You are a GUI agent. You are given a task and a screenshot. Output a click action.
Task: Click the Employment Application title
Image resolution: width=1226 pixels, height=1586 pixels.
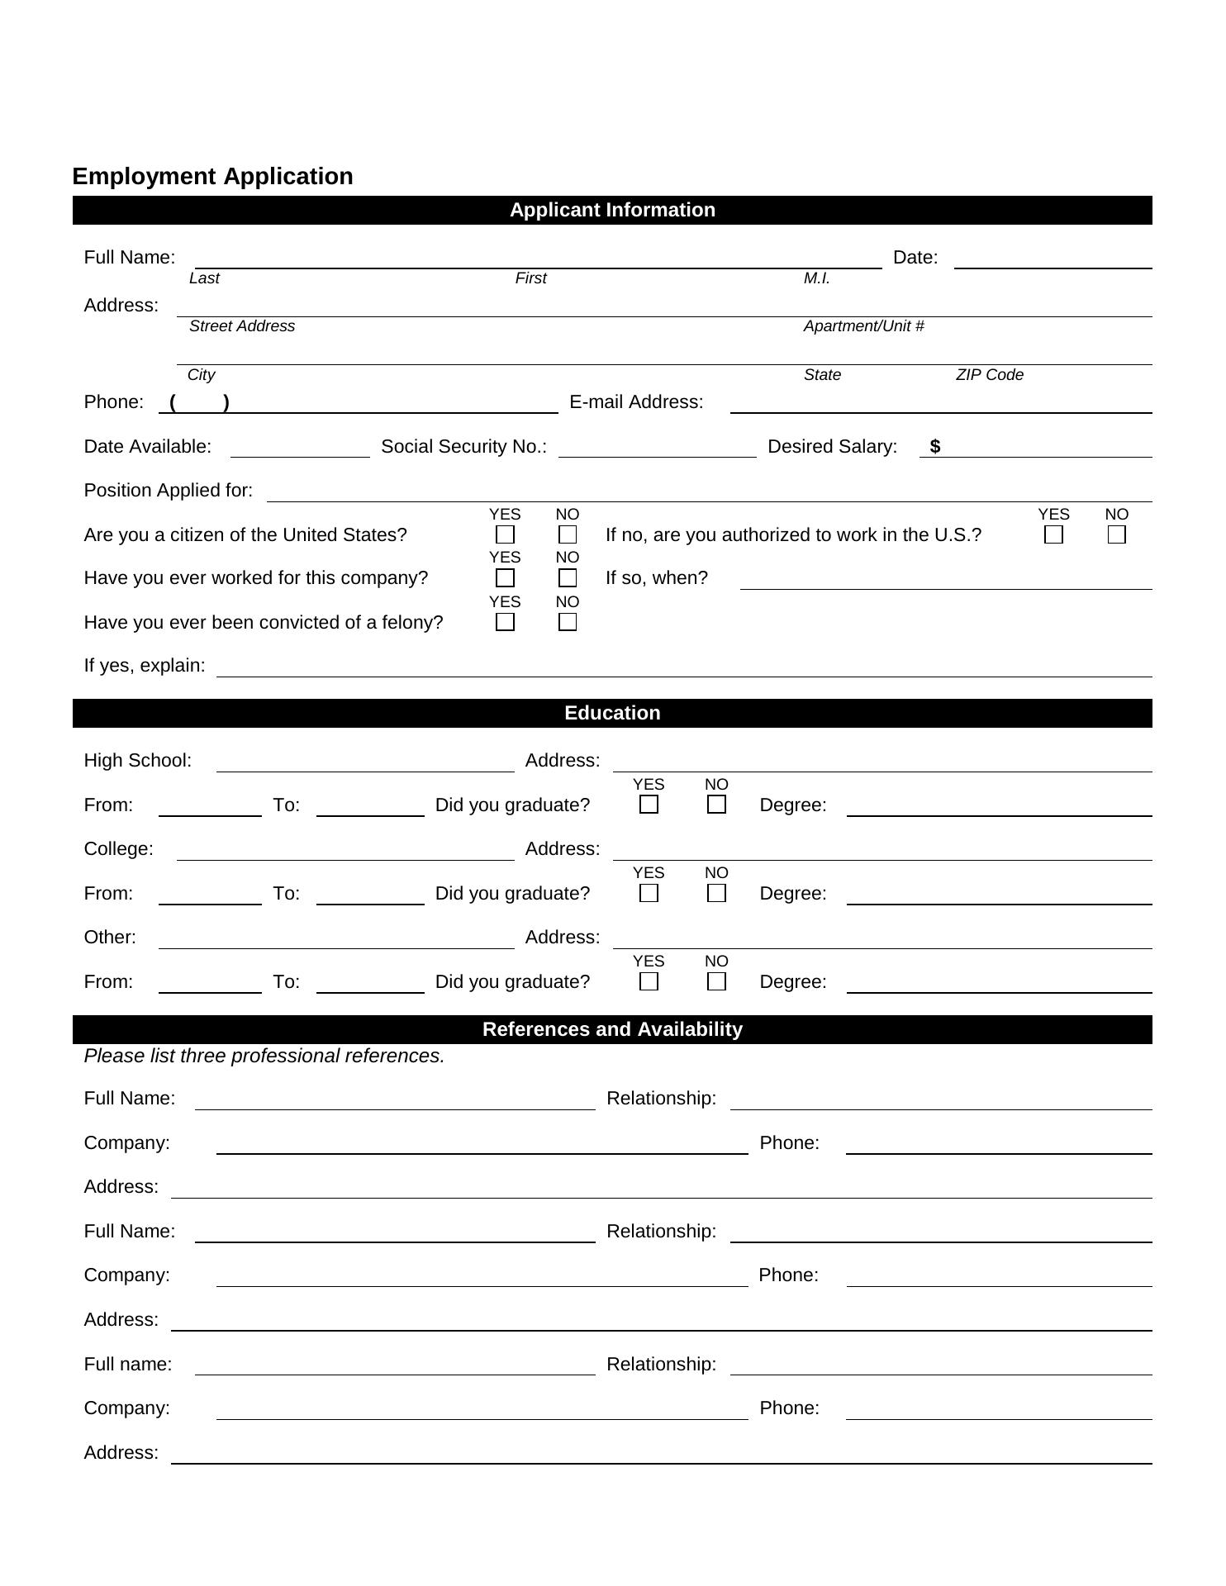pos(212,176)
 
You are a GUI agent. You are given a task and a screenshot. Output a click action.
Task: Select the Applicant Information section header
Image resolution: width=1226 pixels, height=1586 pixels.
pos(612,210)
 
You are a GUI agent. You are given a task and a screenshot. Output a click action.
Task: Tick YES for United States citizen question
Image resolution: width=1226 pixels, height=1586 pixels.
pos(505,535)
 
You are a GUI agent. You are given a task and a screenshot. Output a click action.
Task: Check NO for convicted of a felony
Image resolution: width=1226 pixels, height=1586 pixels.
pos(568,622)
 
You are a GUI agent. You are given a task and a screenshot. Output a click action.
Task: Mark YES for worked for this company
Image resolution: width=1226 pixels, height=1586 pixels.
pos(505,578)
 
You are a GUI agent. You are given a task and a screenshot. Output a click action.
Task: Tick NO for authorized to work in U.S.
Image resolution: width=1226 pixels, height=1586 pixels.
pos(1116,535)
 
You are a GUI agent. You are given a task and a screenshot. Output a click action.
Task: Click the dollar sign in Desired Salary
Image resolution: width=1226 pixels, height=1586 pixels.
pos(934,447)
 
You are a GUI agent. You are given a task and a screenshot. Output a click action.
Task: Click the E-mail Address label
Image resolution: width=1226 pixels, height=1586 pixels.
pos(636,402)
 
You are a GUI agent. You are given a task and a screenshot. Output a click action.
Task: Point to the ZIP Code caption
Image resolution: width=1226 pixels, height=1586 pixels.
pos(989,375)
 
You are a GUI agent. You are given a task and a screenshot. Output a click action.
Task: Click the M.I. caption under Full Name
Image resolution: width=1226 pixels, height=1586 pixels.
pos(816,278)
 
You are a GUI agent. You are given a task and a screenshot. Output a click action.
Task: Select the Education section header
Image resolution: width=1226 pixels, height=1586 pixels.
pos(612,713)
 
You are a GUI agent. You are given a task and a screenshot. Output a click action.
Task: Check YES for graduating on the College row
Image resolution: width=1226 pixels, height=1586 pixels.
pos(649,893)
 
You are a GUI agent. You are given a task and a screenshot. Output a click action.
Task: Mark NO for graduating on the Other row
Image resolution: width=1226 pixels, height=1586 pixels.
pos(716,981)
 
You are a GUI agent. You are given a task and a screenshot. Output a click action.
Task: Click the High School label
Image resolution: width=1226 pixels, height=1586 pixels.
pos(137,760)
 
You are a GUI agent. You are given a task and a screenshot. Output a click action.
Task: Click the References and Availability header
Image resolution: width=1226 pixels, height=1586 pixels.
pos(612,1029)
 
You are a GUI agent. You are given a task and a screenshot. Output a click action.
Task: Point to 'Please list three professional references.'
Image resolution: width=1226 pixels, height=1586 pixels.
pos(264,1056)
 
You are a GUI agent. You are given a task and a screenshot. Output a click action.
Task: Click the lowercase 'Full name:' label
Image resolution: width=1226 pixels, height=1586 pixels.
pos(128,1364)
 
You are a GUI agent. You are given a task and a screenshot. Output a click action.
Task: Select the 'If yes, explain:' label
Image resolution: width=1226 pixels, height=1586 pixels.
pos(145,666)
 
